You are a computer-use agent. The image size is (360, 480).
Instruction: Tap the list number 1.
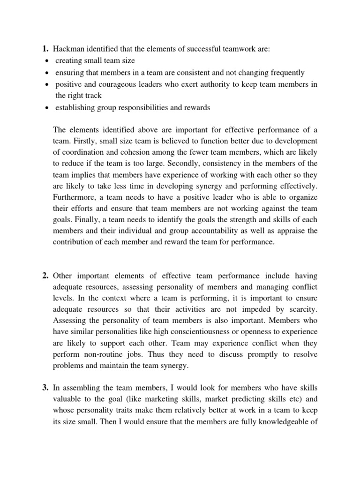pos(45,49)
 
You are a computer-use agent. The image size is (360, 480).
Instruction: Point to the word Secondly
pos(223,163)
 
